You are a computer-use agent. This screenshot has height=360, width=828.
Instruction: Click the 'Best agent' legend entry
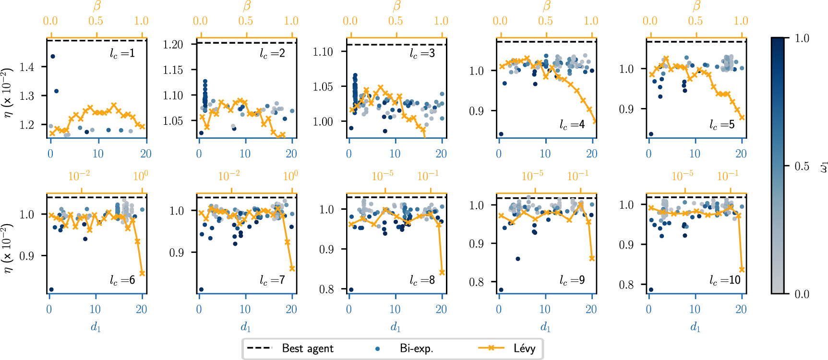(x=307, y=348)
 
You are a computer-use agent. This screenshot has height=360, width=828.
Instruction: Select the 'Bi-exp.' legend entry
(x=416, y=348)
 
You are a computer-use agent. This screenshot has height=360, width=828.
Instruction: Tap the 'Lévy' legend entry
(x=524, y=348)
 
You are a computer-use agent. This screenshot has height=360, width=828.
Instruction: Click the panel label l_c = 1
(x=122, y=53)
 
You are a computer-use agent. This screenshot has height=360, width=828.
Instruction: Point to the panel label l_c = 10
(x=725, y=280)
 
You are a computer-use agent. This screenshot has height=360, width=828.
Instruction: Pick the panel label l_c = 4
(x=572, y=125)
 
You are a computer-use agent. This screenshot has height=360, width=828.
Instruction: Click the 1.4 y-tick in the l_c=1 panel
(x=27, y=67)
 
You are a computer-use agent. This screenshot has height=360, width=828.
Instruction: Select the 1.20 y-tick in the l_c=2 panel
(x=173, y=45)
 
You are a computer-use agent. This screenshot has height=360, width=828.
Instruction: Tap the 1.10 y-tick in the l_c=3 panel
(x=323, y=52)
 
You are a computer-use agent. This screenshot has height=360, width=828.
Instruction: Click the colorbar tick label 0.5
(x=802, y=166)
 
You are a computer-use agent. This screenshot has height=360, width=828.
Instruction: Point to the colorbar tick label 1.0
(x=802, y=38)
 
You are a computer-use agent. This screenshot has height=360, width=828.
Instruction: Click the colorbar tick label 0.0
(x=802, y=294)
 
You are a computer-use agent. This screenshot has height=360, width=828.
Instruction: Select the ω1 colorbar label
(x=823, y=166)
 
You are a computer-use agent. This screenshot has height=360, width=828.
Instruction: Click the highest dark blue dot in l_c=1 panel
(x=53, y=57)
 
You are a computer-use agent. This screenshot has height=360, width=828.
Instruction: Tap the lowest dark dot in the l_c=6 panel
(x=51, y=289)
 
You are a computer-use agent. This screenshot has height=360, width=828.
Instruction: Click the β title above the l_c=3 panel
(x=396, y=6)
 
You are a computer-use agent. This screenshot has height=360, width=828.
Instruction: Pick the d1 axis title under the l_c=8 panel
(x=396, y=327)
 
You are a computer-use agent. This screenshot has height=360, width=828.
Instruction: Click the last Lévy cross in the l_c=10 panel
(x=742, y=270)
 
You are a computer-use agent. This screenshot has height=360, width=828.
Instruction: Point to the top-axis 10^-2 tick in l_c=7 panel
(x=229, y=176)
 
